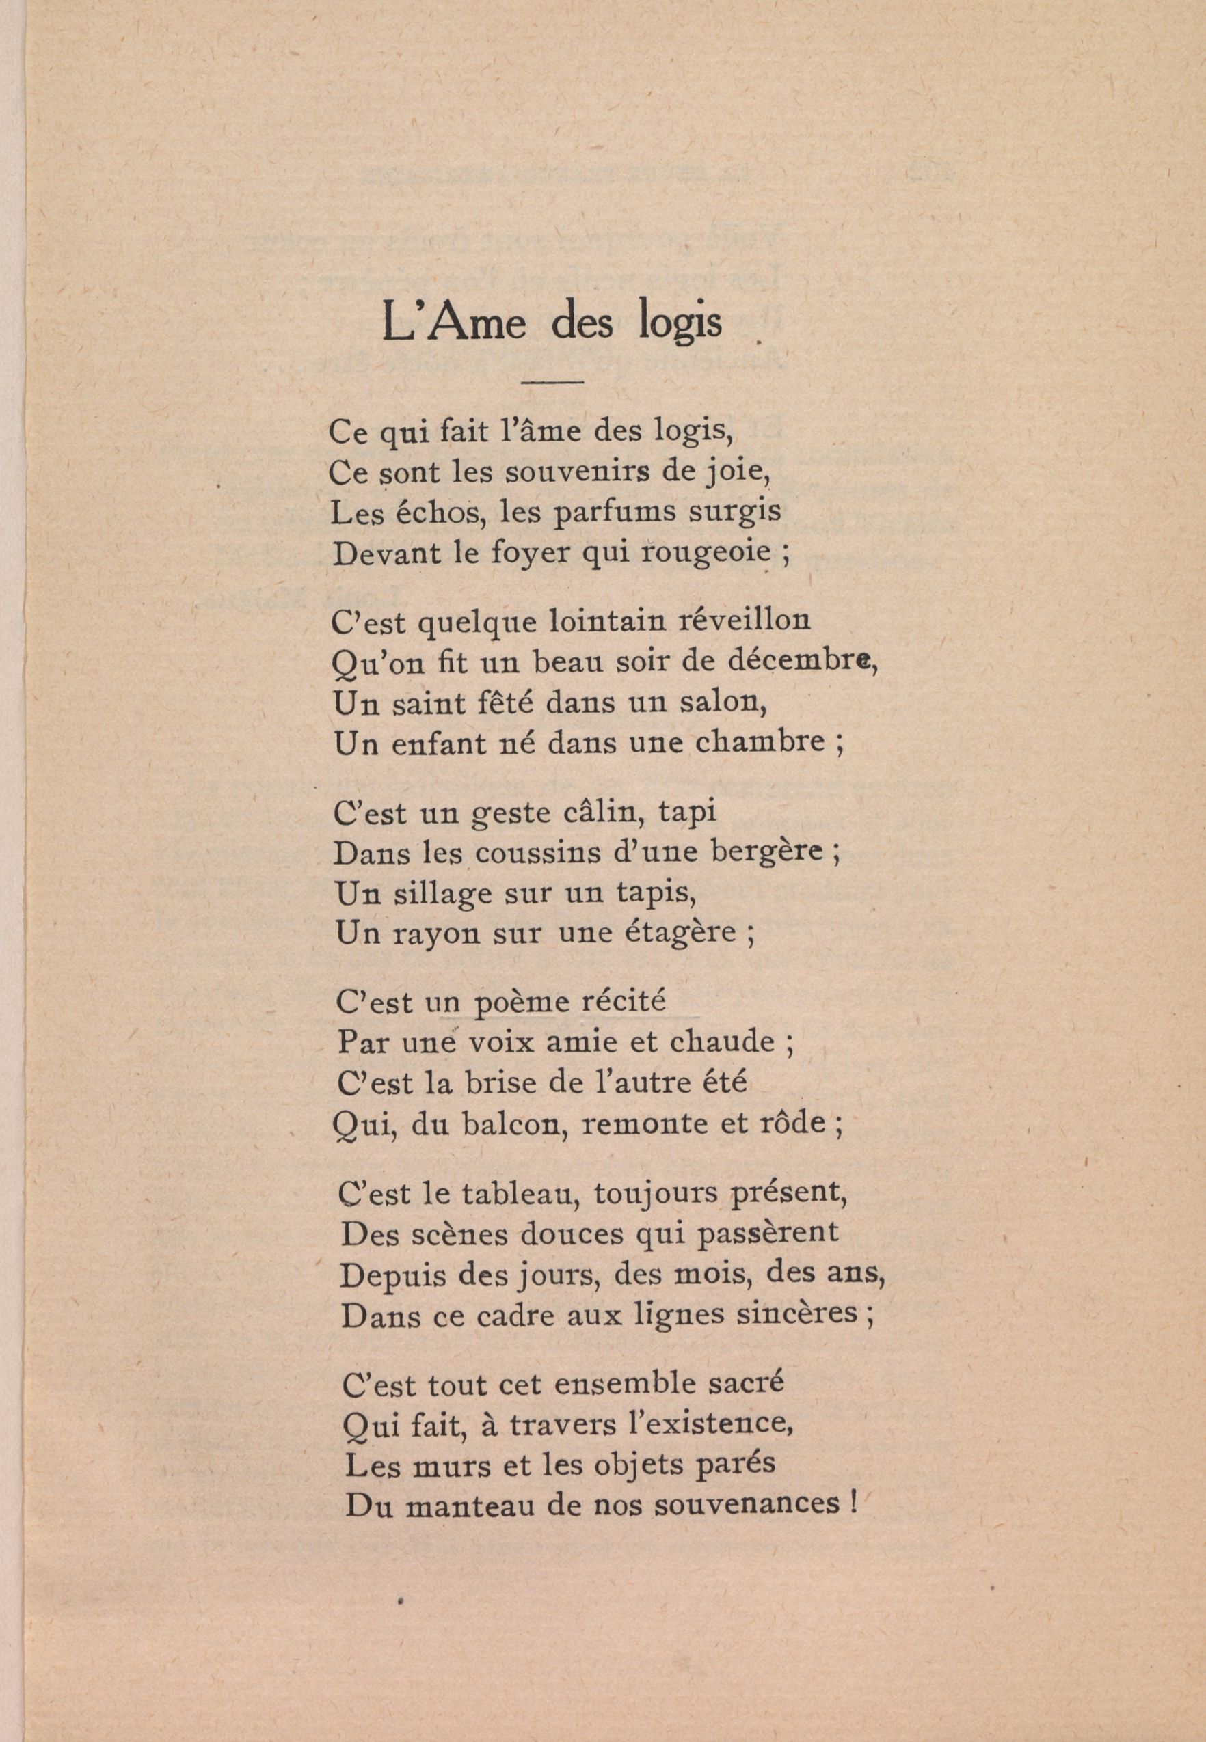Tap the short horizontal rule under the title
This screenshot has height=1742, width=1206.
click(553, 381)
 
